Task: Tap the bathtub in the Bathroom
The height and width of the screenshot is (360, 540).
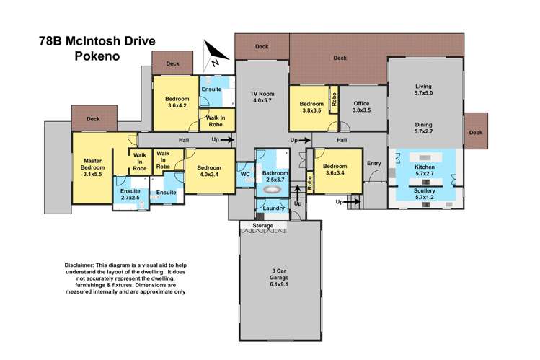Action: coord(272,190)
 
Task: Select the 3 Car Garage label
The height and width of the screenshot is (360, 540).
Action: coord(279,278)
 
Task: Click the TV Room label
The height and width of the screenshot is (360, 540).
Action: coord(262,97)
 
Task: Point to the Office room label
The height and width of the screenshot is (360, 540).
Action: coord(361,107)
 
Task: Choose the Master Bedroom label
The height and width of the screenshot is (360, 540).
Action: coord(92,167)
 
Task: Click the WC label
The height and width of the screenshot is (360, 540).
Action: coord(245,175)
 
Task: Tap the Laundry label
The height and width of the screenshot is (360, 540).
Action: coord(273,208)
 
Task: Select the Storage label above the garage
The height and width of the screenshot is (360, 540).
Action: coord(262,226)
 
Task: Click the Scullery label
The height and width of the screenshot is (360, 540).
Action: coord(424,194)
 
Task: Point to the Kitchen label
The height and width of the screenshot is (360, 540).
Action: coord(424,170)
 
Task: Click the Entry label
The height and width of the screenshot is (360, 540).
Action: coord(374,163)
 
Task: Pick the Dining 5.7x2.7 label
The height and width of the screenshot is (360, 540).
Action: coord(424,128)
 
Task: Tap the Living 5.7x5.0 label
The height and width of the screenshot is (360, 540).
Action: coord(423,89)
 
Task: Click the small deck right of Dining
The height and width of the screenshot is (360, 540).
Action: coord(476,131)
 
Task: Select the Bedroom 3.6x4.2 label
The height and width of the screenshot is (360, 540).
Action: coord(177,102)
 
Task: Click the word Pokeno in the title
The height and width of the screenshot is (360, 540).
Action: coord(97,56)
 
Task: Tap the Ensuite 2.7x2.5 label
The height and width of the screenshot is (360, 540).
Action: coord(130,195)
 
